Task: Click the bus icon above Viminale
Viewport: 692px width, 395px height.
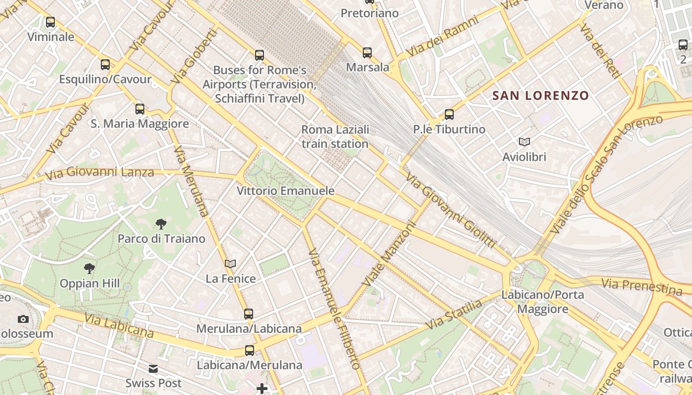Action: [x=50, y=22]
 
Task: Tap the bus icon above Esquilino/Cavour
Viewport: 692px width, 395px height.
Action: [x=105, y=65]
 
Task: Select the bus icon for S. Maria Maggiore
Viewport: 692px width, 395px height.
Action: [x=140, y=109]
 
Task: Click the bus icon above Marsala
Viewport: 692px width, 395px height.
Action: [x=367, y=53]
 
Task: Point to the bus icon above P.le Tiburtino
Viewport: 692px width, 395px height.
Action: [x=449, y=115]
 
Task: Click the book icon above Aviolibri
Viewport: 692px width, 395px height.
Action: [x=524, y=142]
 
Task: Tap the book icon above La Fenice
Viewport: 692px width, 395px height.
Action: [x=230, y=264]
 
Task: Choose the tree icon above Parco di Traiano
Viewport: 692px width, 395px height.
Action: [x=161, y=224]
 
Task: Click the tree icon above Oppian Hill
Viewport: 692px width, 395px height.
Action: [x=89, y=269]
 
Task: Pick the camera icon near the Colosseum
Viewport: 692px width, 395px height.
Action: [x=23, y=319]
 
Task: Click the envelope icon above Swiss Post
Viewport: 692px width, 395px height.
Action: [x=153, y=368]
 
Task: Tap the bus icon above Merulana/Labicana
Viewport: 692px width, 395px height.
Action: [x=249, y=314]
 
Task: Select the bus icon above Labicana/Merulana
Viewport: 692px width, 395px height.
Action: [x=250, y=351]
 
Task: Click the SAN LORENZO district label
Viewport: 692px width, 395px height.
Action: [x=541, y=95]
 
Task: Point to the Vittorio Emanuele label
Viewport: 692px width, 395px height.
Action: [x=286, y=191]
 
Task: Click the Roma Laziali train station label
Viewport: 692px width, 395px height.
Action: [x=335, y=137]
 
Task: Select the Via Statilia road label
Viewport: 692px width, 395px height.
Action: [x=454, y=315]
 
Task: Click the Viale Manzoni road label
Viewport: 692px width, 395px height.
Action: [x=389, y=253]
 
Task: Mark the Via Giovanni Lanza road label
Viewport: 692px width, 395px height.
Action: [x=99, y=173]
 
